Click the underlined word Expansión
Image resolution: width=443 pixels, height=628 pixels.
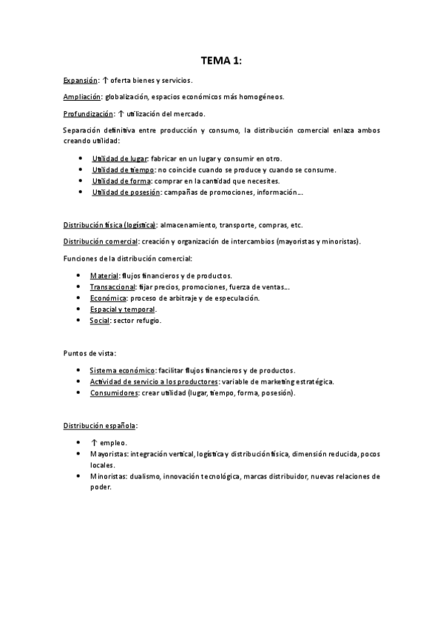pos(80,80)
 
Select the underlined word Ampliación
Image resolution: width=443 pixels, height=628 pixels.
pos(82,97)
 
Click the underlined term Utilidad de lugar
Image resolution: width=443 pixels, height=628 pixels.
pos(119,159)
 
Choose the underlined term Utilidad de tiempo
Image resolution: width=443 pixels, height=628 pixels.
pos(123,170)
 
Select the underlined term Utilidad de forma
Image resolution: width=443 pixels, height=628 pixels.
pos(120,181)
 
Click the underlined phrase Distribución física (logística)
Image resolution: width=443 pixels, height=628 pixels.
pos(109,224)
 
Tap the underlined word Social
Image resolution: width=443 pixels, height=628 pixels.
pos(100,320)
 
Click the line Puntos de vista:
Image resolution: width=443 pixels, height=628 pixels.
pos(89,353)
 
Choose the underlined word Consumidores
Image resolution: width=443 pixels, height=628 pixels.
pos(114,392)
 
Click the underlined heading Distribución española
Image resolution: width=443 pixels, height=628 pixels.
pos(100,426)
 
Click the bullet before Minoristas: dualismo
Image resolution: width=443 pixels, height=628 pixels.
pos(79,476)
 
